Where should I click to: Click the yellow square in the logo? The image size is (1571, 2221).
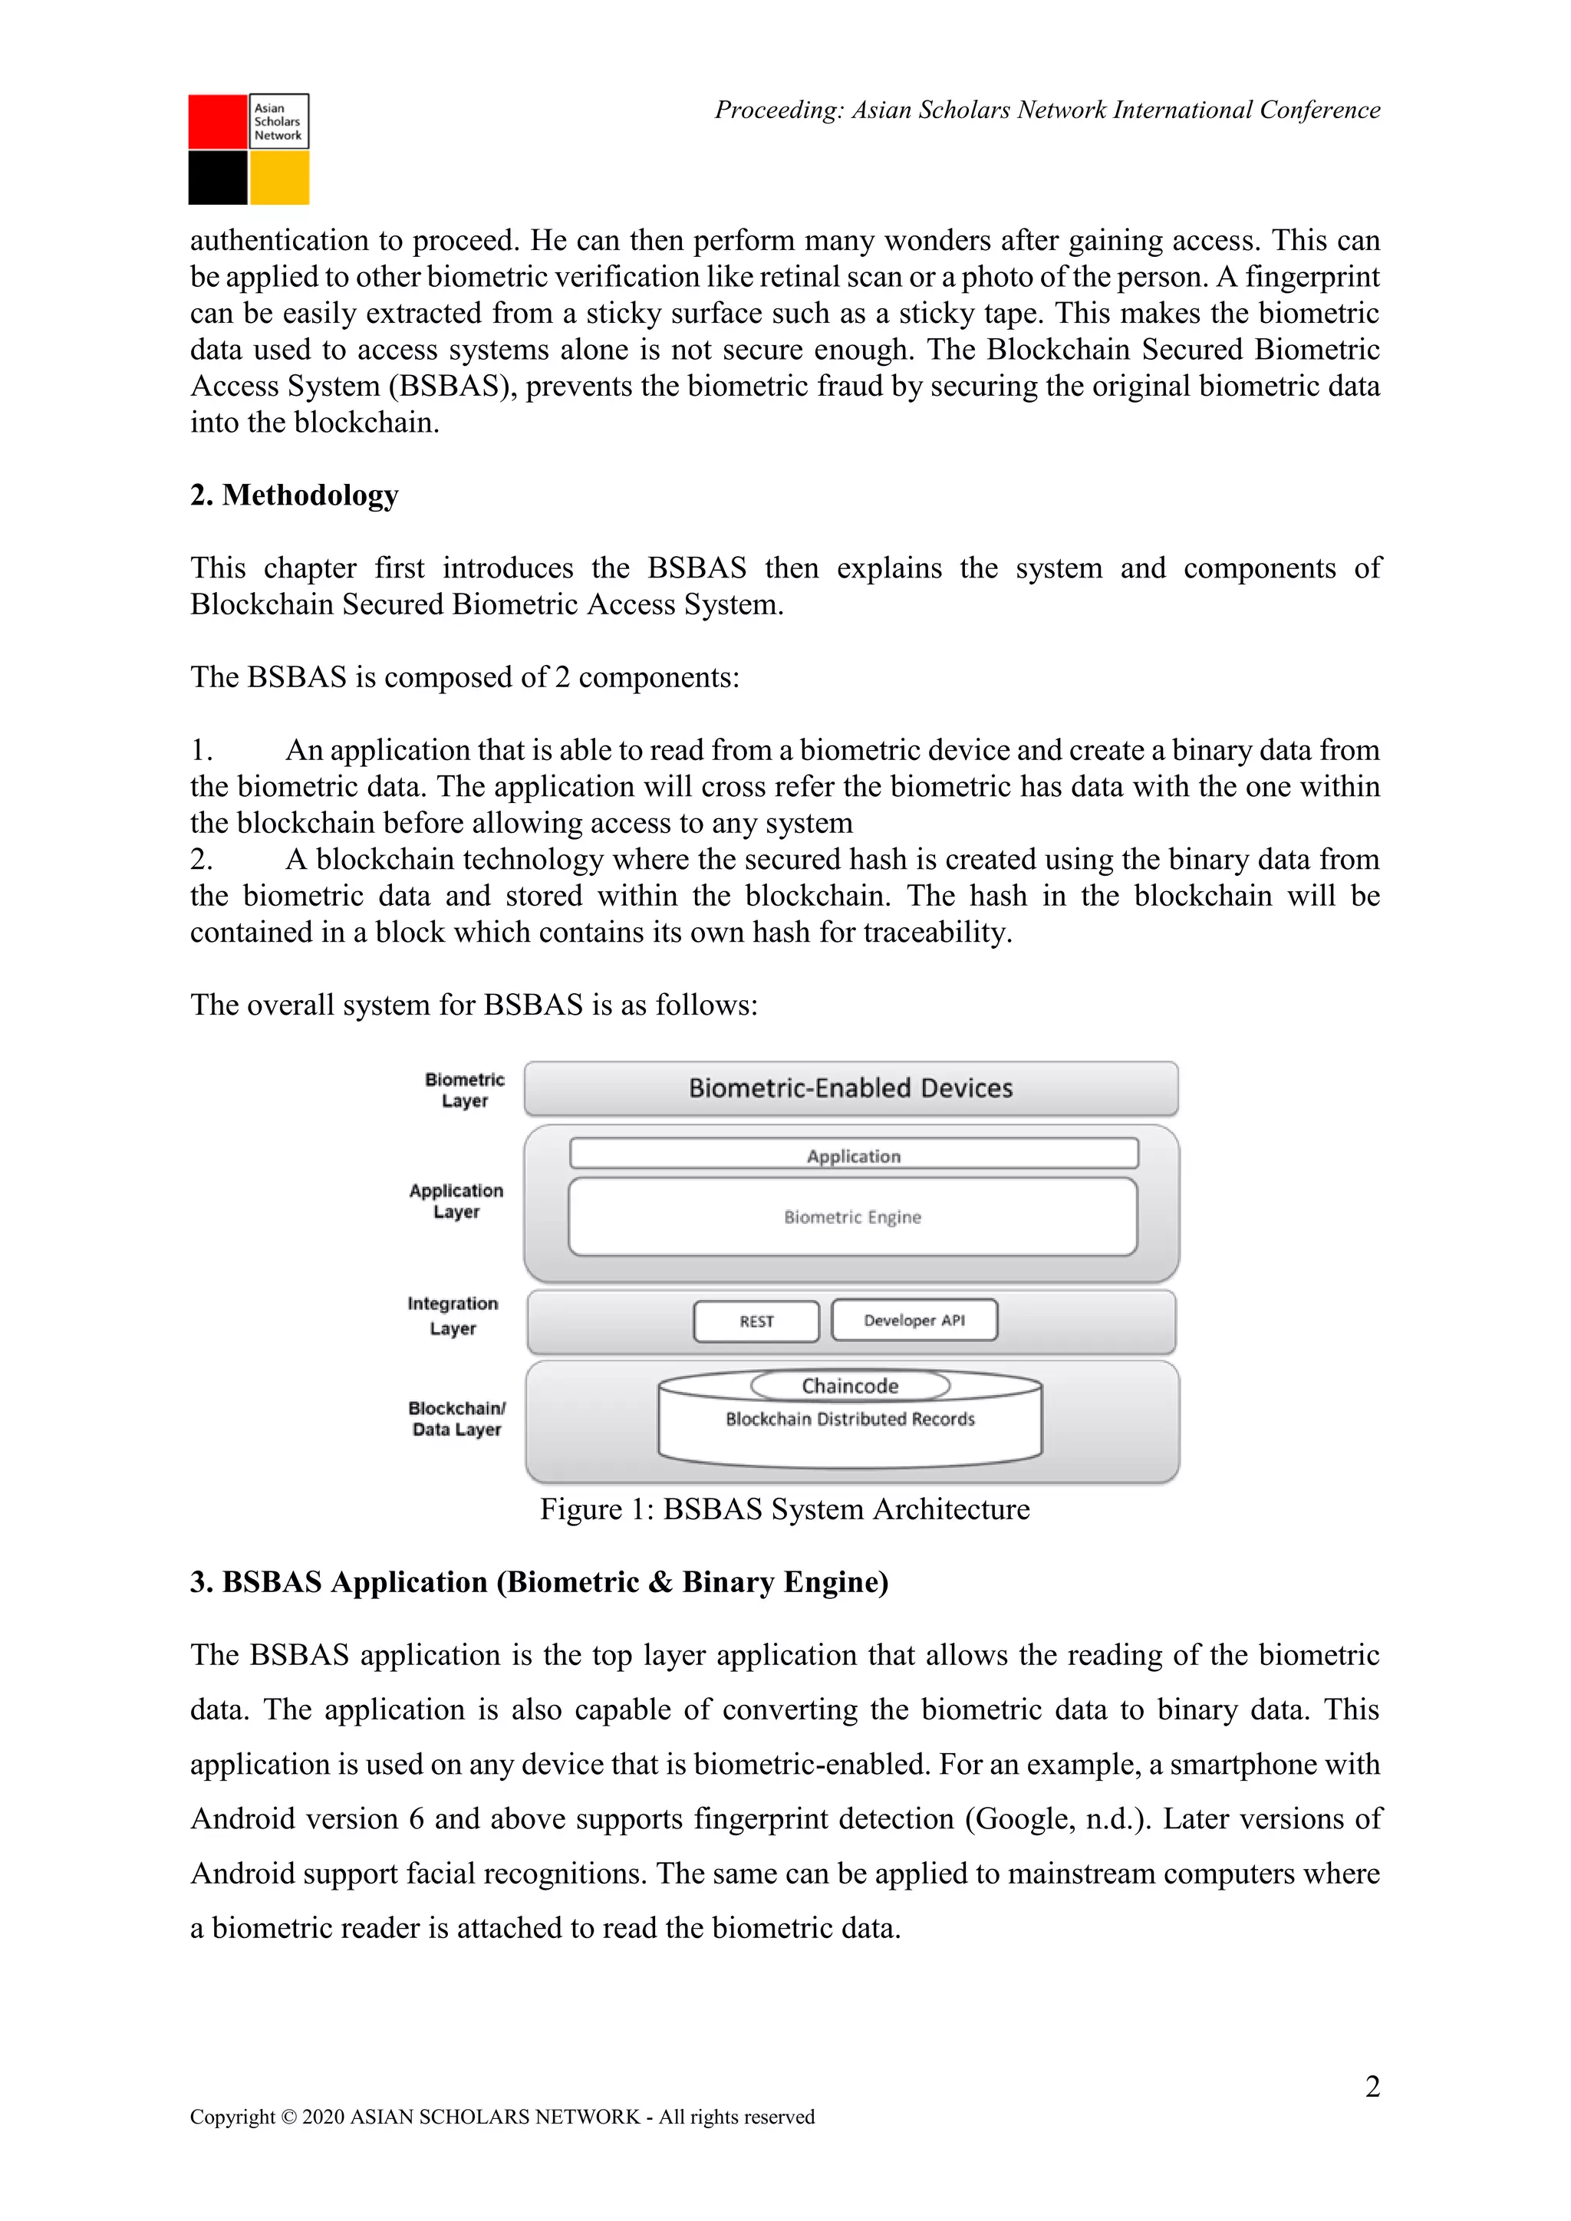(x=279, y=178)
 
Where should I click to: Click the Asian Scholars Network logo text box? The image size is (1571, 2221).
(x=279, y=121)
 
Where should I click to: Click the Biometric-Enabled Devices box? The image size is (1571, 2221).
(x=850, y=1088)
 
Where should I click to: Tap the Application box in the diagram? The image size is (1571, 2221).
(x=853, y=1155)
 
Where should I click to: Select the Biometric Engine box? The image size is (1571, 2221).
(x=852, y=1217)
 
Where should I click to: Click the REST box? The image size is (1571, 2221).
(x=756, y=1321)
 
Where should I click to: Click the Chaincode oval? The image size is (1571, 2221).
(x=849, y=1385)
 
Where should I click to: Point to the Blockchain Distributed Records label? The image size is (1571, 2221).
(x=849, y=1419)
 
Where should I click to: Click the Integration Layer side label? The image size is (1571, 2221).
(x=453, y=1315)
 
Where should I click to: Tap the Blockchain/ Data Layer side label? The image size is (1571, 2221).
(x=456, y=1419)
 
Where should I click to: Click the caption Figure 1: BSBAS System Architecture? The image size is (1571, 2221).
(x=785, y=1509)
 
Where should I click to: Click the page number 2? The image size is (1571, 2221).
(x=1372, y=2087)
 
